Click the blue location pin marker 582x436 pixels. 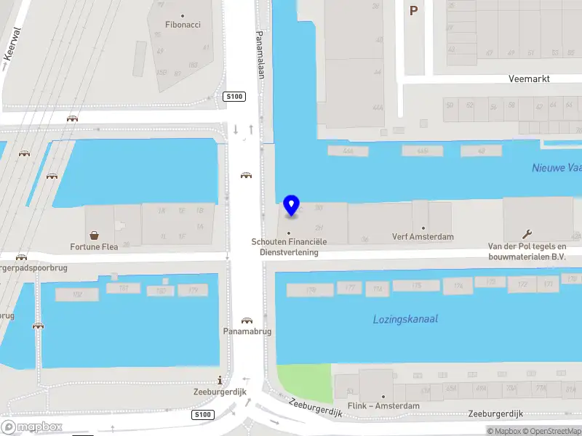[x=291, y=206]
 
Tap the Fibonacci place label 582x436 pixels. [x=183, y=25]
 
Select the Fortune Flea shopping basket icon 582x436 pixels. [x=94, y=235]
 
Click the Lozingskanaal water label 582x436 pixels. [x=405, y=319]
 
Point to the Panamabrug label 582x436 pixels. [x=247, y=331]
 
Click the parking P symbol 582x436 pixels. [x=414, y=10]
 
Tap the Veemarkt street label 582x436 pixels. [x=530, y=78]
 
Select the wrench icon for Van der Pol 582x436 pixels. [x=527, y=234]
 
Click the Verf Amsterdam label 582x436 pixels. [x=423, y=237]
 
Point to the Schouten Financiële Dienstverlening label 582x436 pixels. [x=289, y=246]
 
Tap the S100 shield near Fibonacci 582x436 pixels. [x=234, y=97]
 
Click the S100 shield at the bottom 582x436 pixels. [x=203, y=415]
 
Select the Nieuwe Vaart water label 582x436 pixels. [x=557, y=168]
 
